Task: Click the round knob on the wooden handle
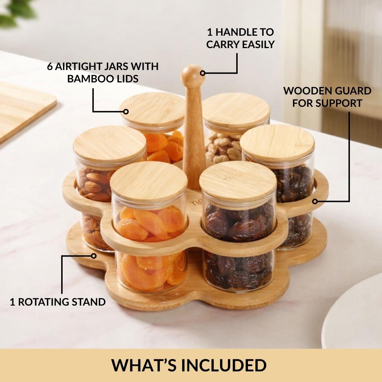pos(192,74)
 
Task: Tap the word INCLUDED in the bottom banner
pos(224,365)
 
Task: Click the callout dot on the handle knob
pos(202,73)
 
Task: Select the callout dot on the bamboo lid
pos(126,111)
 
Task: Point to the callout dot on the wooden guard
pos(315,201)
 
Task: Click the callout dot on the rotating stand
pos(93,256)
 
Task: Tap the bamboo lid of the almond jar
pos(109,144)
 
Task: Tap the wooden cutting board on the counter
pos(24,111)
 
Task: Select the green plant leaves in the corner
pos(17,12)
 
